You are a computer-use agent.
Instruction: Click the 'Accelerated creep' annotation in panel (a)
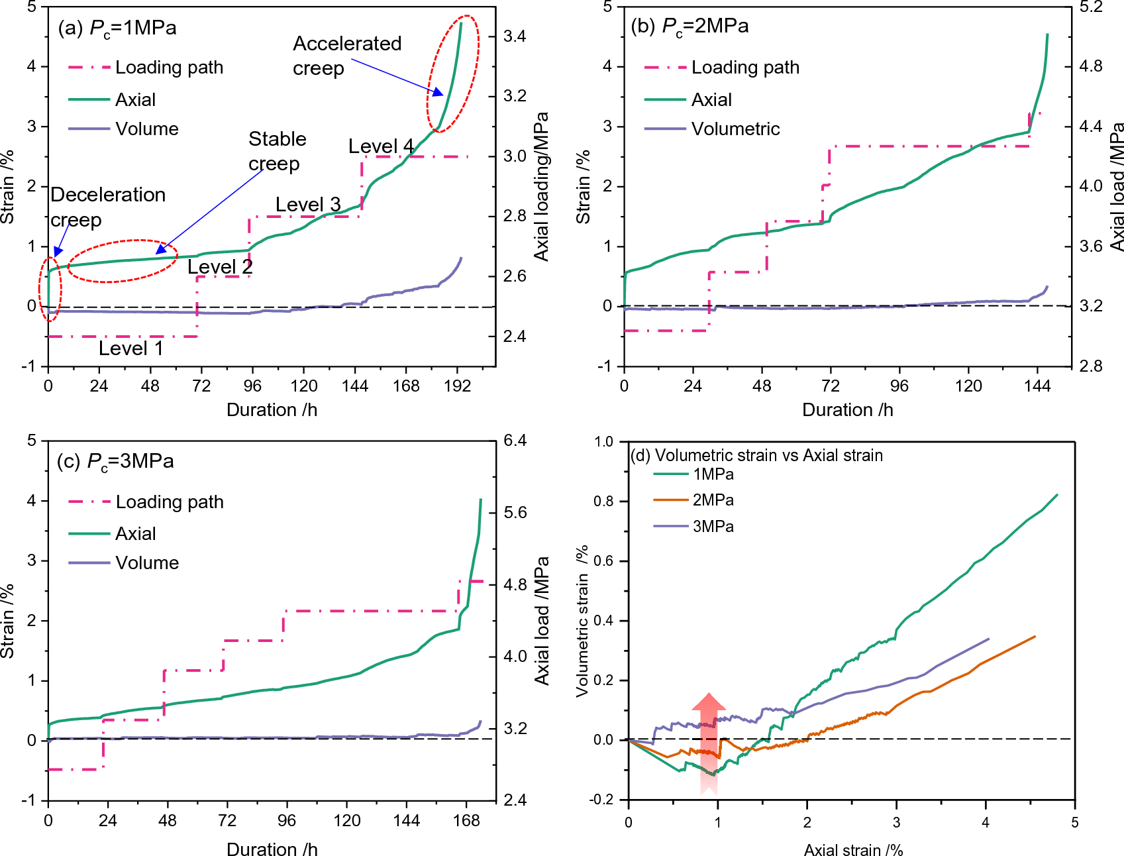click(x=346, y=56)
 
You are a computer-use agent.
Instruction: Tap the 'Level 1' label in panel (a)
click(x=130, y=348)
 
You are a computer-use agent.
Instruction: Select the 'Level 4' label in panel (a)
click(x=381, y=146)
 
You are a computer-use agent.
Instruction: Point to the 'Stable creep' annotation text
click(x=277, y=151)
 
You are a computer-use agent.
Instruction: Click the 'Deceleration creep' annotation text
click(x=107, y=207)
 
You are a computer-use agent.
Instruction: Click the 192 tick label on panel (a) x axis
click(x=457, y=386)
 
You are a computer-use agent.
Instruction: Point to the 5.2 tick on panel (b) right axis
click(x=1090, y=7)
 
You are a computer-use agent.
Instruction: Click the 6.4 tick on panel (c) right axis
click(x=515, y=441)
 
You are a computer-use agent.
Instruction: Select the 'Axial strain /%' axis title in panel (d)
click(x=853, y=850)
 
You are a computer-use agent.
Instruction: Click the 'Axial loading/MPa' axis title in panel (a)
click(x=542, y=187)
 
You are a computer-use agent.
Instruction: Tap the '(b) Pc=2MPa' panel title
click(x=690, y=27)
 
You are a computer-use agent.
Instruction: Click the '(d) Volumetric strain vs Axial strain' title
click(x=756, y=456)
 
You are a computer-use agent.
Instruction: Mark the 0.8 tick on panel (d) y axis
click(x=603, y=502)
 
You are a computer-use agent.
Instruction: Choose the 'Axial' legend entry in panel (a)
click(x=135, y=100)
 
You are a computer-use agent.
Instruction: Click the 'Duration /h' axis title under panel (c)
click(x=272, y=849)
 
